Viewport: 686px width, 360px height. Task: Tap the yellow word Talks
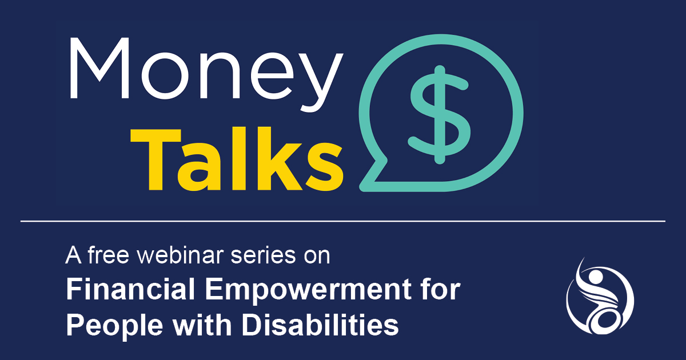point(237,159)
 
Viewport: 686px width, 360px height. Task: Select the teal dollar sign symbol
point(440,114)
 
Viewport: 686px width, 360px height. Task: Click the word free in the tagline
point(109,255)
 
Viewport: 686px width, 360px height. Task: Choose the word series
point(263,255)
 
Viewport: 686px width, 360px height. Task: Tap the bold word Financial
point(130,289)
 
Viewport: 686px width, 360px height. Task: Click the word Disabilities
point(320,324)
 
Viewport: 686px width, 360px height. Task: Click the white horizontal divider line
point(343,221)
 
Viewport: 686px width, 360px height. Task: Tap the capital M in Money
point(99,68)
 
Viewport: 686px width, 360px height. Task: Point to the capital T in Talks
point(155,159)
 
